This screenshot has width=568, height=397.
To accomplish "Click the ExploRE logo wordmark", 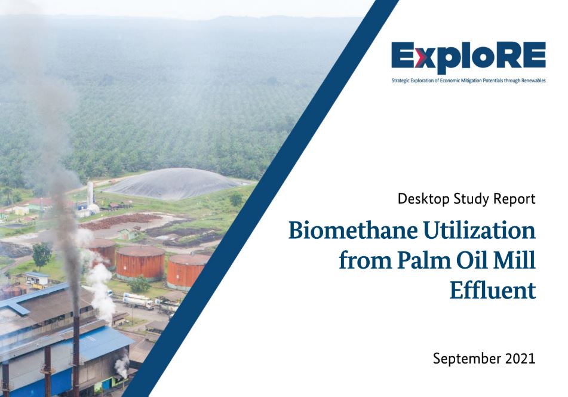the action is pyautogui.click(x=468, y=57).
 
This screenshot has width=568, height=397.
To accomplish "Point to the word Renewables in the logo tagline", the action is pyautogui.click(x=533, y=81).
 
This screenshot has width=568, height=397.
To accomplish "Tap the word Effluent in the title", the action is pyautogui.click(x=493, y=290).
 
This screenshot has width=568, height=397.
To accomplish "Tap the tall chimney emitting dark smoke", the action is pyautogui.click(x=76, y=337).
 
